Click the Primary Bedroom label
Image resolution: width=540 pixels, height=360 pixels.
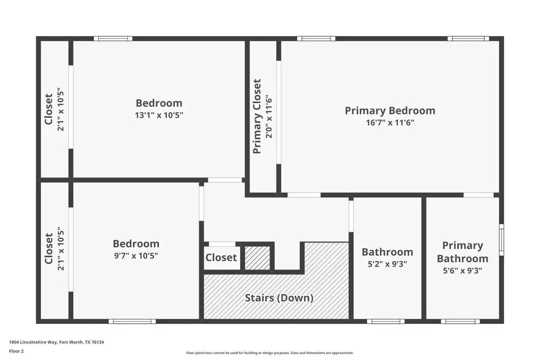390,111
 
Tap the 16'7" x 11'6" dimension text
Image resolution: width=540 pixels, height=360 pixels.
390,123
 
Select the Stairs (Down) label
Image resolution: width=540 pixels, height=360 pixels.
279,297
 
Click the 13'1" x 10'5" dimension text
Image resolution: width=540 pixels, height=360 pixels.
159,115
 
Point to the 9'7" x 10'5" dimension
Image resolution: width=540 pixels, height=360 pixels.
136,255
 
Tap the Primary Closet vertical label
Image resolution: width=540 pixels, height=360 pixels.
258,116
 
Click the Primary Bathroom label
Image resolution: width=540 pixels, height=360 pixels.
462,252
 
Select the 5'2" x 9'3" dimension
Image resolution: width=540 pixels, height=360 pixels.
387,264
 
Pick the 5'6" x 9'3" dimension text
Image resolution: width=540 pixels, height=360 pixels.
462,270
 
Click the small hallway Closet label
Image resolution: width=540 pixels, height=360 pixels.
221,257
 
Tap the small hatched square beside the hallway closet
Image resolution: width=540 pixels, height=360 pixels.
258,257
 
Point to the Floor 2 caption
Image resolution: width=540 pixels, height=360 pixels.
17,351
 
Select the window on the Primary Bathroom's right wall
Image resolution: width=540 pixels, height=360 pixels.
501,240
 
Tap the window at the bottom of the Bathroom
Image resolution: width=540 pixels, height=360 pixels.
386,321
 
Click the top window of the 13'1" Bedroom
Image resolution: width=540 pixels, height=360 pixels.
113,38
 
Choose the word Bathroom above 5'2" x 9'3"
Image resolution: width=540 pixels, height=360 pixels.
387,252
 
